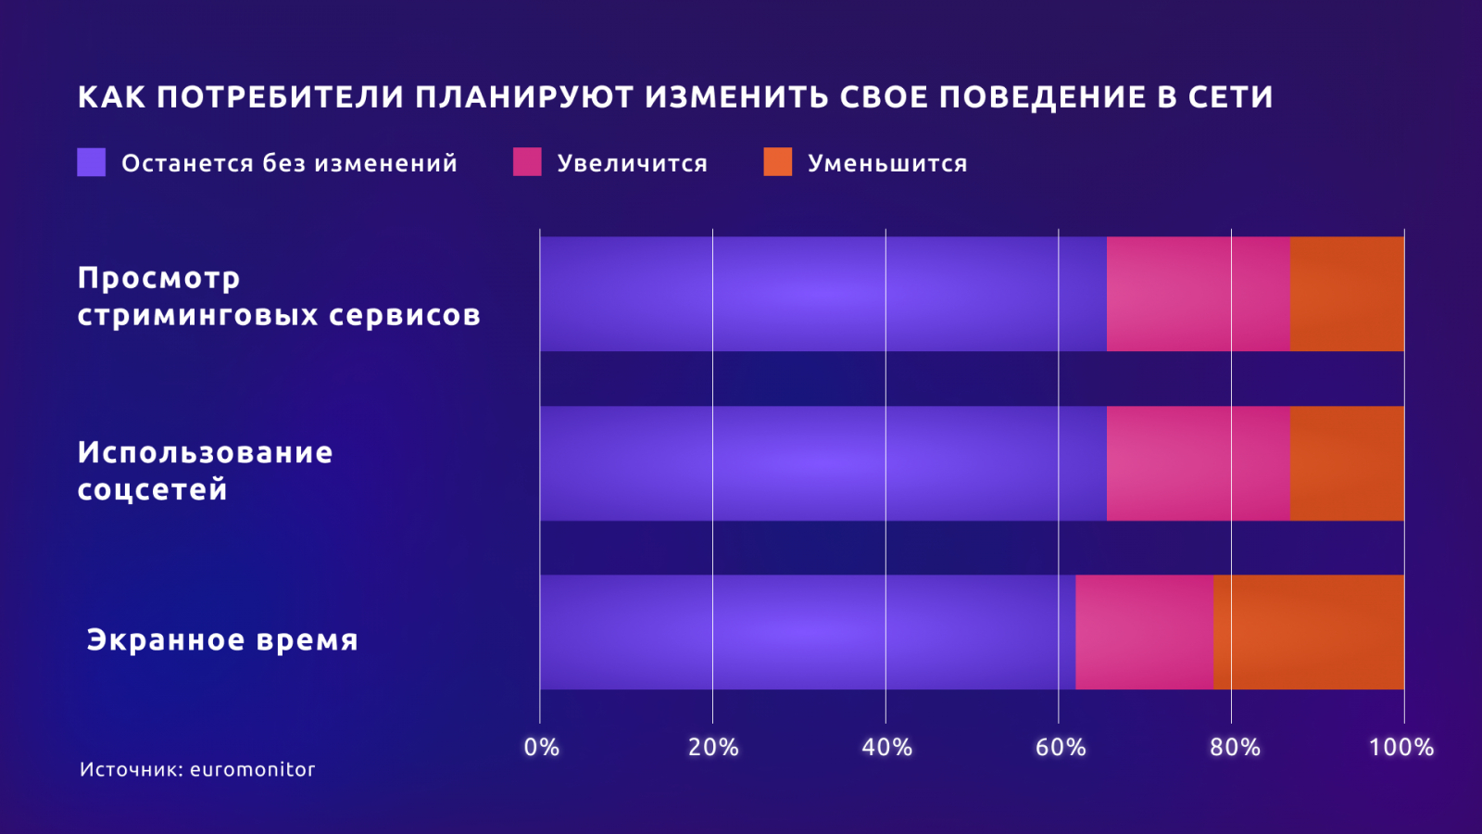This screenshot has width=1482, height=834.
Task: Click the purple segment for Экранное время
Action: (x=807, y=632)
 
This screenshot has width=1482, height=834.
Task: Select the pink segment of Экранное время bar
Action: (x=1144, y=632)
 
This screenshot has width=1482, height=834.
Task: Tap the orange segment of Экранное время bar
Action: (x=1308, y=632)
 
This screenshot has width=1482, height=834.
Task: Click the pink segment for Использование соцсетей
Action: (x=1198, y=463)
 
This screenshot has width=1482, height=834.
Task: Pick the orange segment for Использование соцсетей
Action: (x=1347, y=463)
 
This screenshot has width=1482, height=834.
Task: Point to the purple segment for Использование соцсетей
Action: (x=823, y=463)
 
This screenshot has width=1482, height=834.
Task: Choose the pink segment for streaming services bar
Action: (x=1198, y=294)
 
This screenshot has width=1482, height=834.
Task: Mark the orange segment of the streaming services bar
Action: (x=1347, y=294)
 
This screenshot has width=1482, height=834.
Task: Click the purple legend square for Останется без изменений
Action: (x=91, y=162)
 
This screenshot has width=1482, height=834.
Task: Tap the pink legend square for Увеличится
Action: (x=527, y=162)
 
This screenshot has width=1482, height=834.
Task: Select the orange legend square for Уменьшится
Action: (x=777, y=162)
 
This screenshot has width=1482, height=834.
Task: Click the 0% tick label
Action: (x=541, y=748)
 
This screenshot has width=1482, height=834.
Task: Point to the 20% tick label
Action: (x=713, y=748)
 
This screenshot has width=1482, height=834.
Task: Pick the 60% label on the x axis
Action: (x=1060, y=748)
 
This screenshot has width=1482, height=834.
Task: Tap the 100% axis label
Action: (x=1400, y=748)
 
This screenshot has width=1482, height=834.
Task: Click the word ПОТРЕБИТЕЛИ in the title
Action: (x=280, y=97)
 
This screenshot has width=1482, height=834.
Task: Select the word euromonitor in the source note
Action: (x=252, y=769)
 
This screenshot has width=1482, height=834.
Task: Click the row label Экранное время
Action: (x=222, y=640)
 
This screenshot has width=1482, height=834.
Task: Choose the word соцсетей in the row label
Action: (x=152, y=489)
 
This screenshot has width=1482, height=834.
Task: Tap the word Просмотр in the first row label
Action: (x=158, y=278)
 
